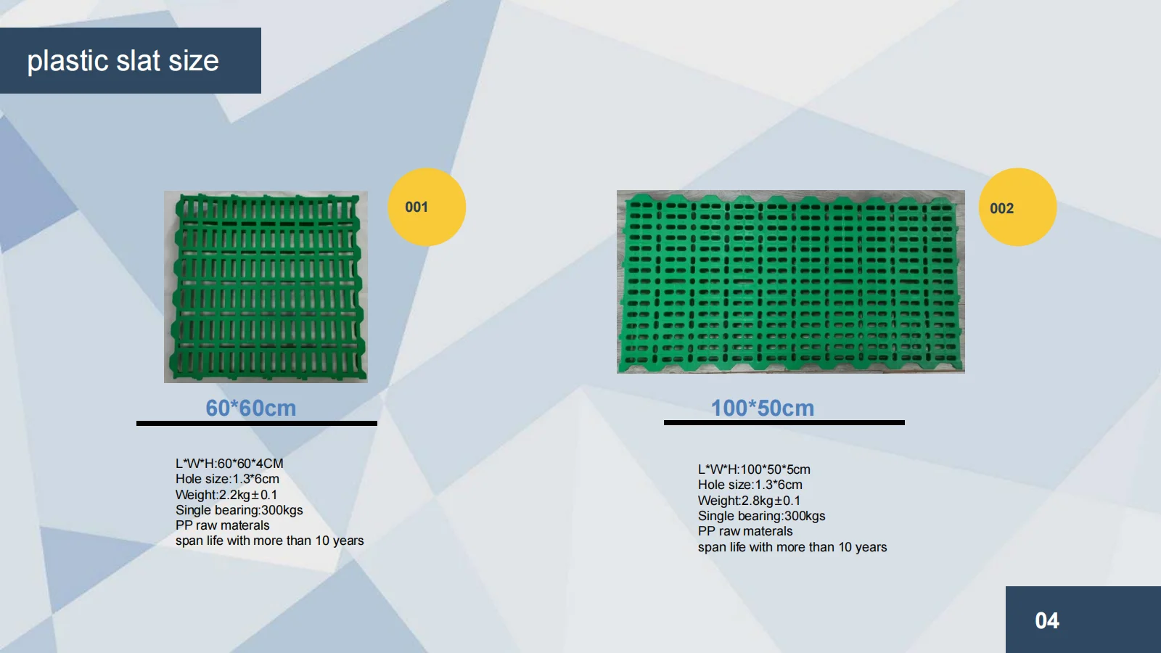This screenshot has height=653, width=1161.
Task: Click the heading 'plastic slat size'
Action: click(x=123, y=61)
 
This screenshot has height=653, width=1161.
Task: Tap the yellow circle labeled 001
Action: click(x=427, y=207)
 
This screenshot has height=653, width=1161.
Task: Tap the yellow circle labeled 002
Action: click(x=1017, y=208)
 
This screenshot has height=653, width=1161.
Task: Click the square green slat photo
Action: click(x=266, y=287)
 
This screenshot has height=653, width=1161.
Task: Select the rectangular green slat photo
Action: click(x=790, y=282)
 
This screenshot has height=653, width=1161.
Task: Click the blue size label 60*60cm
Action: click(x=250, y=408)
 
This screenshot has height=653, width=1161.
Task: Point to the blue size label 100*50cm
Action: click(x=762, y=408)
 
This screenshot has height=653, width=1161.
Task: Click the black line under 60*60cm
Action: click(x=256, y=423)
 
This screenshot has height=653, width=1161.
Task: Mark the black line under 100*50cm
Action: click(x=784, y=422)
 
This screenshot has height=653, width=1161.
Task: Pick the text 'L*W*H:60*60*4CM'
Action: click(x=229, y=464)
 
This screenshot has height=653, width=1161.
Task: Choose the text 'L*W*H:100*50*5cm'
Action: click(x=754, y=469)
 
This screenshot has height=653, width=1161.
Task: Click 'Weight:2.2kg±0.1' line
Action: click(x=226, y=495)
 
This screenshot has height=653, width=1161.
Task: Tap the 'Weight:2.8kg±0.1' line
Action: click(x=749, y=501)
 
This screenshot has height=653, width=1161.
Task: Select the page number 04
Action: click(x=1046, y=620)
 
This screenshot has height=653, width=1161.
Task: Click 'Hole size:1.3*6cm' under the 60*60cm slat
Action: click(x=227, y=479)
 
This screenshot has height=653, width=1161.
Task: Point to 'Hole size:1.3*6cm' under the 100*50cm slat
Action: click(x=750, y=485)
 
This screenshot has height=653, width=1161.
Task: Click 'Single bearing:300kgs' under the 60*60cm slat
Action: click(x=239, y=510)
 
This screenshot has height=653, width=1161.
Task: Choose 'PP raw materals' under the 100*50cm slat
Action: click(x=745, y=531)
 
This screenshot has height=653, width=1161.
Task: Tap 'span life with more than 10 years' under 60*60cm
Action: click(x=269, y=541)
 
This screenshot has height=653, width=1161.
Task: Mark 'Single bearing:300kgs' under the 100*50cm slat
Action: click(x=761, y=516)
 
